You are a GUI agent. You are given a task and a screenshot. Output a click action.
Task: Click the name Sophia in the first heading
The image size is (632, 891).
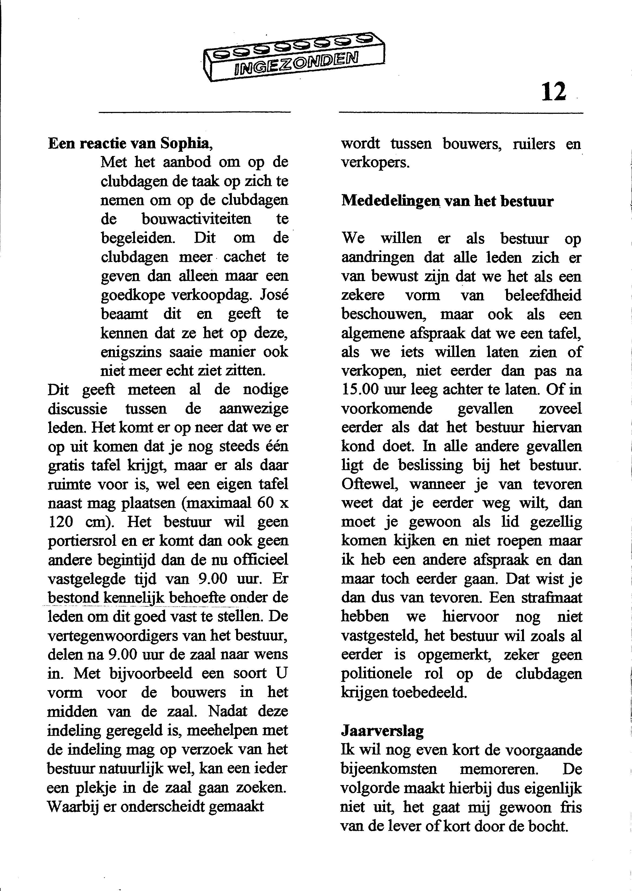point(186,144)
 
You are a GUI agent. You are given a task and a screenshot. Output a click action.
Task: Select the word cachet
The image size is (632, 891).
point(245,257)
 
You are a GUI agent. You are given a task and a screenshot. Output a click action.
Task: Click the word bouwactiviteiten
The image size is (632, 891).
point(196,219)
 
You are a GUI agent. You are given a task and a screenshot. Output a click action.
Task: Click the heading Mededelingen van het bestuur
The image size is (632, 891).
point(447,201)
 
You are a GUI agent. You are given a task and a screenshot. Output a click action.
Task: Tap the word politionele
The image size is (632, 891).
point(376,674)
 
